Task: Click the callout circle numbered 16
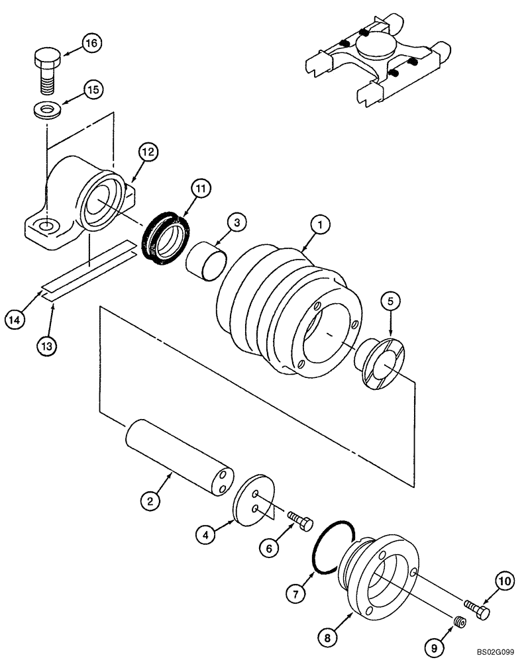(x=91, y=44)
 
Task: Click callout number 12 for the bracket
(x=148, y=153)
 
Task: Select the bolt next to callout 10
(x=476, y=609)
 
